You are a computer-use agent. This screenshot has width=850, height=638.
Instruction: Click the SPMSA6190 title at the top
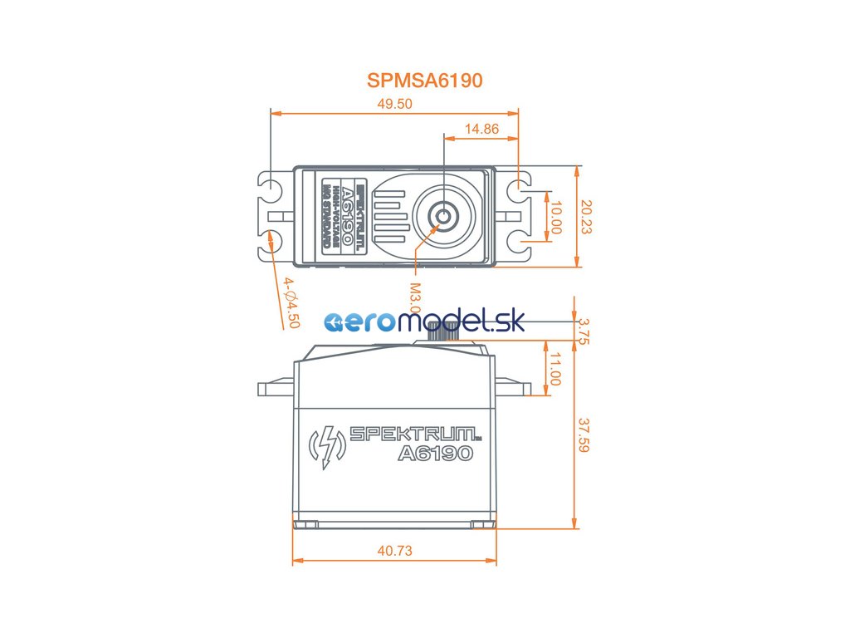click(424, 81)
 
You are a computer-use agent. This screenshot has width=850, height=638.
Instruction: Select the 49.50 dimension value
click(394, 104)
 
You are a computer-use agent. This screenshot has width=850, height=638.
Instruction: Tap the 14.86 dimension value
click(481, 129)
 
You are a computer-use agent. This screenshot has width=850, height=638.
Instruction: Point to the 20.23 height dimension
click(587, 216)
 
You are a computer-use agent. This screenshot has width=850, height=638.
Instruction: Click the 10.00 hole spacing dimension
click(556, 217)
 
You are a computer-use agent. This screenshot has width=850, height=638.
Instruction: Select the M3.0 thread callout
click(415, 298)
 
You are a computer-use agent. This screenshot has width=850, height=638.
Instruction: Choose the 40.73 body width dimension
click(394, 551)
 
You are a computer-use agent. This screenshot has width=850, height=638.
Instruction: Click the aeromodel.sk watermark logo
click(424, 322)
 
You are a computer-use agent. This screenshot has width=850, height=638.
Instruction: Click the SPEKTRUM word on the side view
click(413, 434)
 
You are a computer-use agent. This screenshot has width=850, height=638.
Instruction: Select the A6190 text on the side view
click(435, 454)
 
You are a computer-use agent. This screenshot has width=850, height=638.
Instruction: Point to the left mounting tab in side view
click(275, 387)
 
